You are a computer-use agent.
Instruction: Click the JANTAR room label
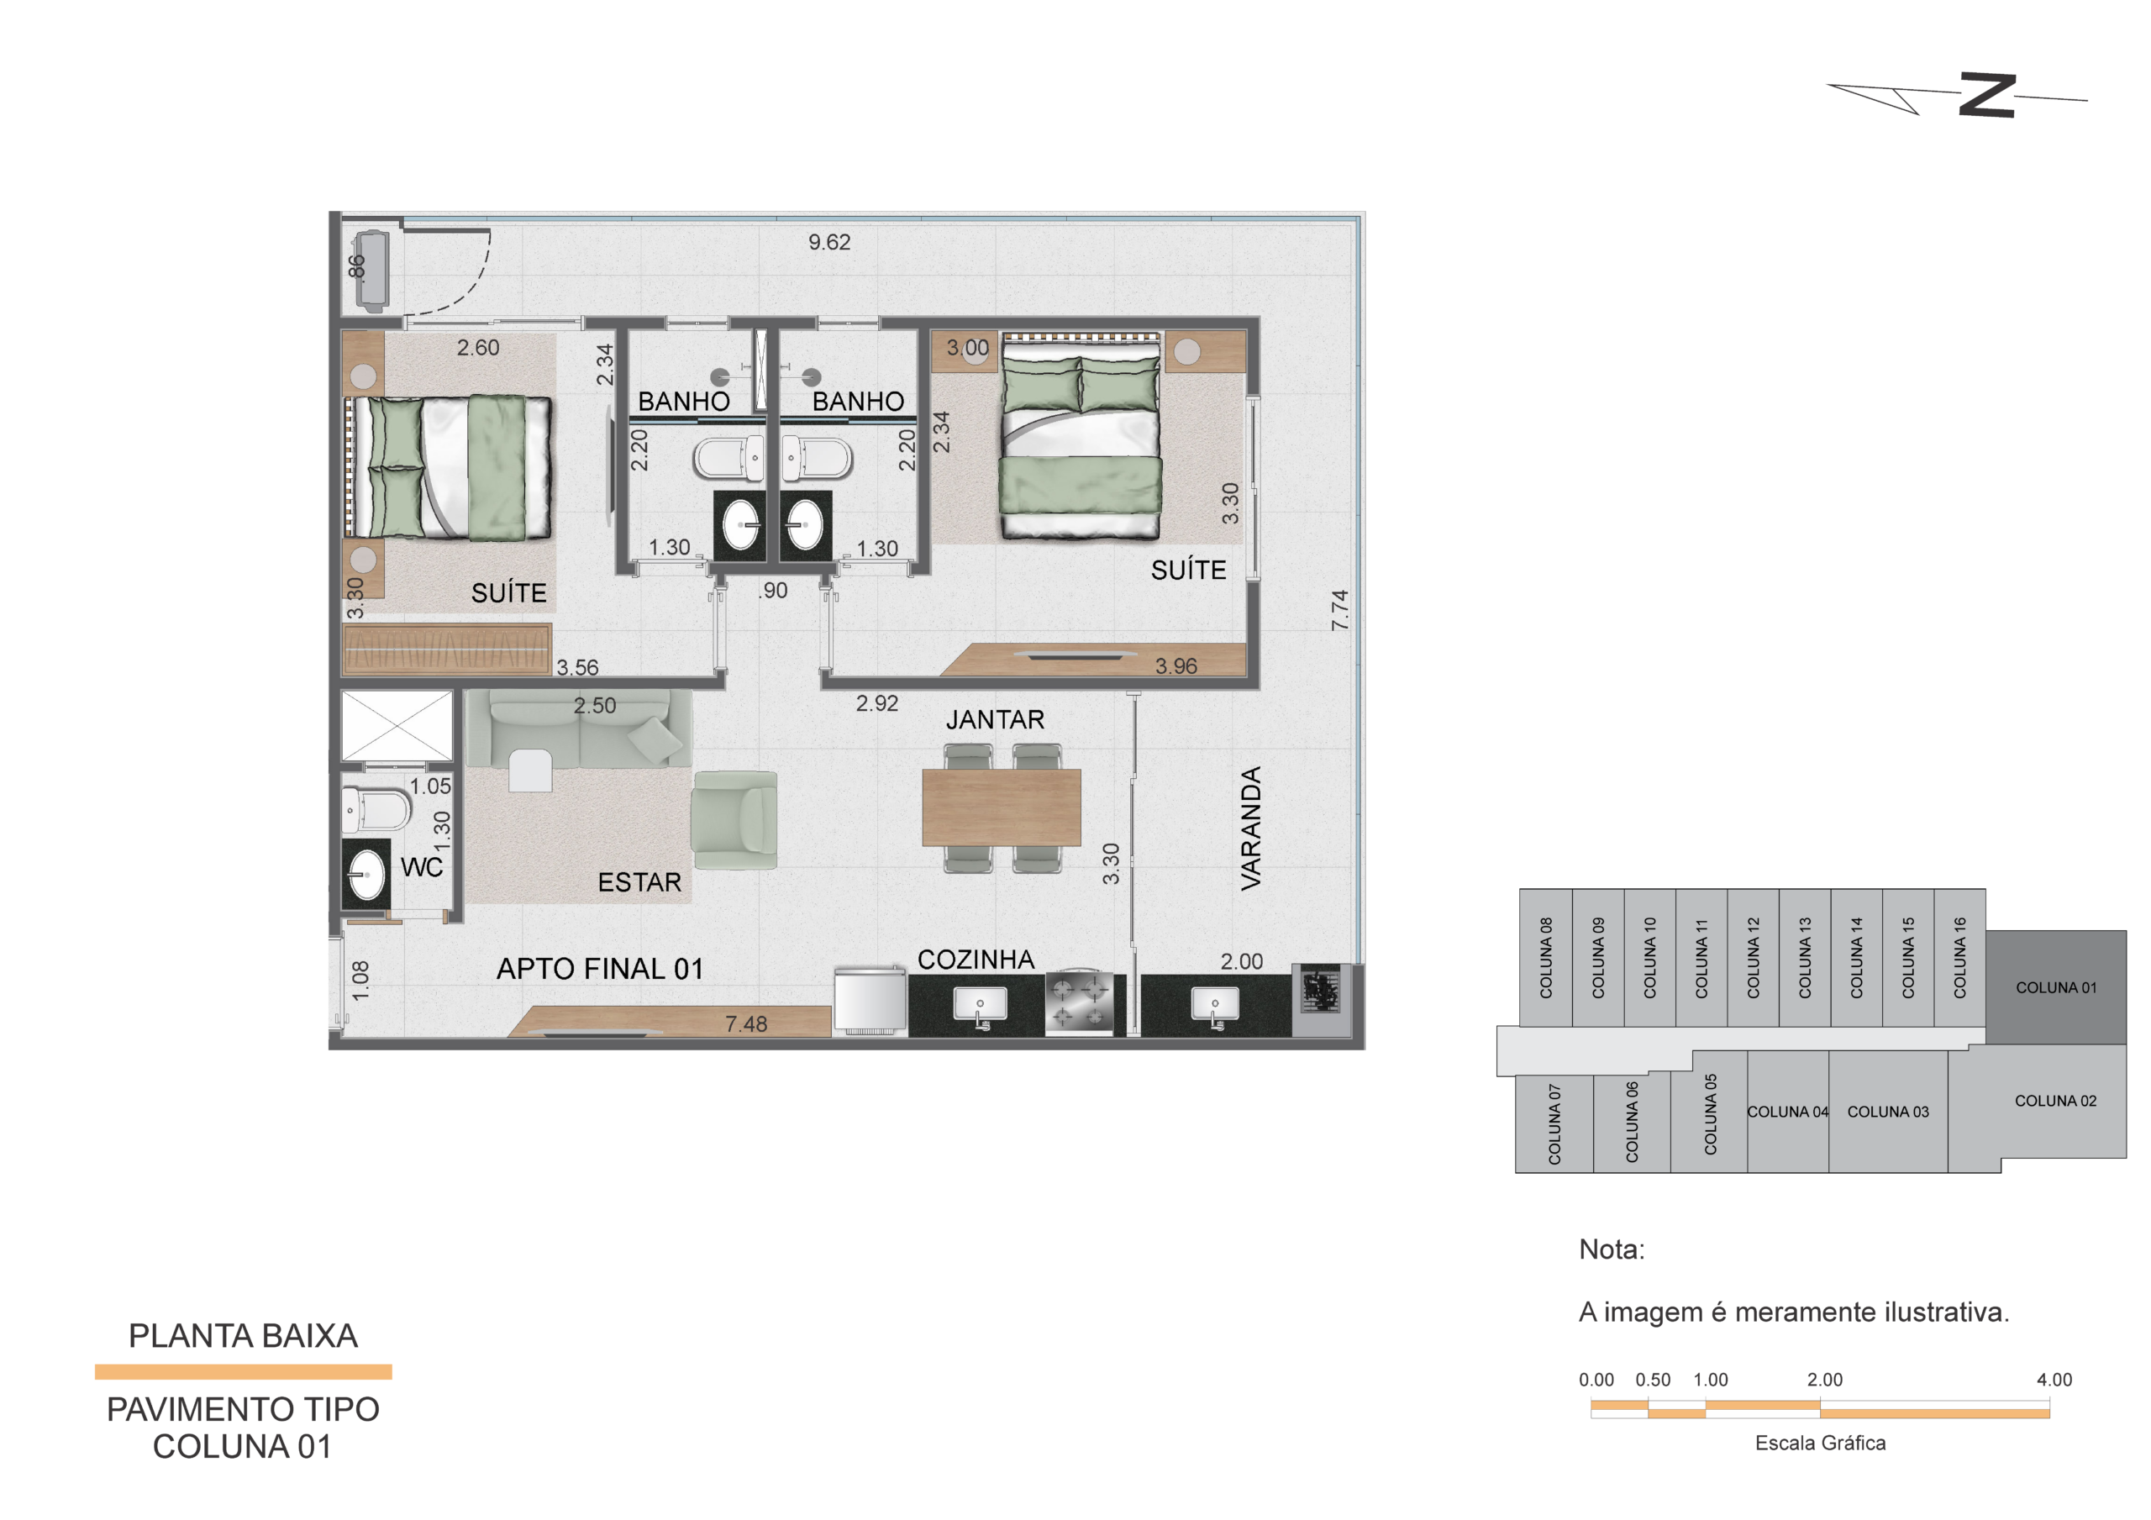coord(994,720)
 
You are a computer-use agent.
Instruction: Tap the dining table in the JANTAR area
coord(1002,807)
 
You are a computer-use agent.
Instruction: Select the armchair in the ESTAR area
coord(734,820)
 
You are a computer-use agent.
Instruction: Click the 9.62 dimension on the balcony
coord(829,243)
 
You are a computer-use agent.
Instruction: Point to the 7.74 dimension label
coord(1339,610)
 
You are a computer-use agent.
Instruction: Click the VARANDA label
coord(1252,828)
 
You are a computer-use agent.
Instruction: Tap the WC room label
coord(422,868)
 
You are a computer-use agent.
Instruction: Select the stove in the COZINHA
coord(1079,1002)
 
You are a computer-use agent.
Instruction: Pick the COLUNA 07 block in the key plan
coord(1554,1123)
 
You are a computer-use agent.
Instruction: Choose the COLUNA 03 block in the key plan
coord(1888,1112)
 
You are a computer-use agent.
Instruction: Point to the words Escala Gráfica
coord(1820,1444)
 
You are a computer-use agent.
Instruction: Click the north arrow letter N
coord(1987,95)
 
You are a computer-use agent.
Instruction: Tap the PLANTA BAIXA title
coord(243,1335)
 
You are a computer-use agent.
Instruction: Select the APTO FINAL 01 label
coord(600,969)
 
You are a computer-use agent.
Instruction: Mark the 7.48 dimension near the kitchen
coord(746,1024)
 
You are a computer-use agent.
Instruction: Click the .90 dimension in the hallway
coord(773,591)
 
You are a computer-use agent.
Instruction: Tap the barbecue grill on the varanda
coord(1321,991)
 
